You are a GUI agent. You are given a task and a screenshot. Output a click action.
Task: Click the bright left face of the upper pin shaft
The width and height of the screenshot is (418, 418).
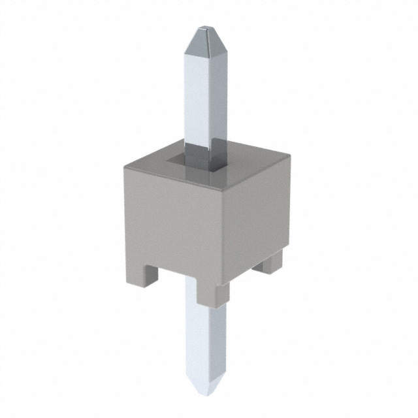(195, 98)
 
